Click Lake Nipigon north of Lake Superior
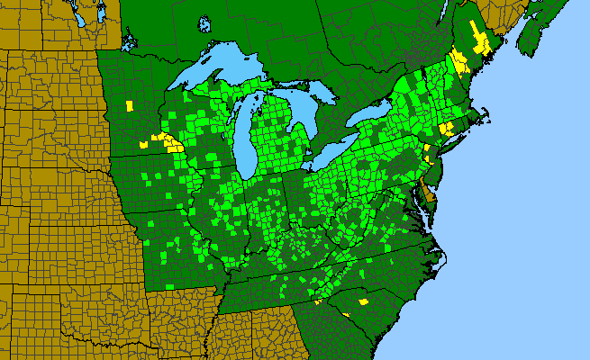[206, 22]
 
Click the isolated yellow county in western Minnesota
[130, 106]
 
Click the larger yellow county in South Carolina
[364, 301]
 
